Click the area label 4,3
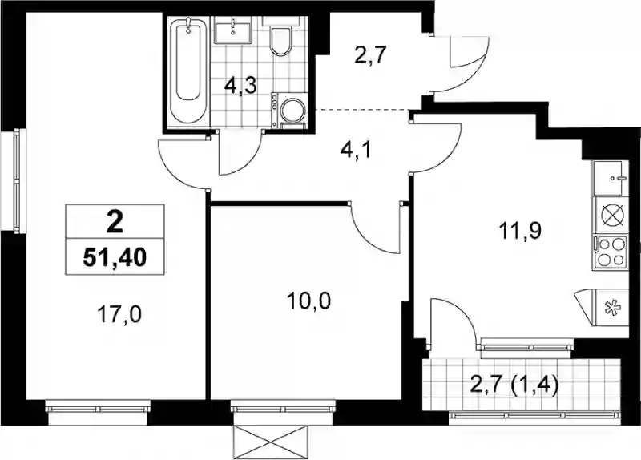(240, 87)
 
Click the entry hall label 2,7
(370, 55)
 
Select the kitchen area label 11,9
(520, 230)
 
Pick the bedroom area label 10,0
(308, 302)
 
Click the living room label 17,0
(119, 315)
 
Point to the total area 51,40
(115, 257)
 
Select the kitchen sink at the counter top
(611, 178)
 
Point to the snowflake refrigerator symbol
(612, 308)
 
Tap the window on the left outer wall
(17, 181)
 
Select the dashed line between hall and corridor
(364, 110)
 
